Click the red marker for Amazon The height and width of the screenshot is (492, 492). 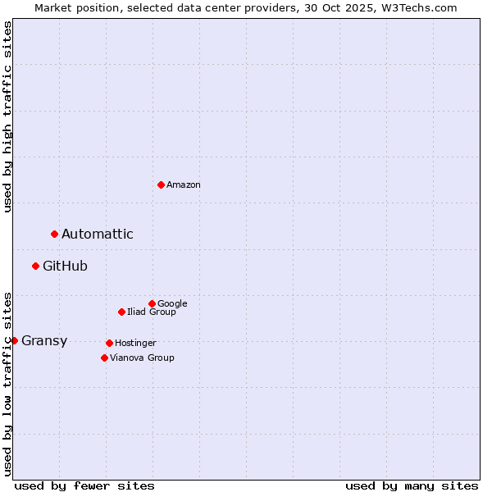click(x=161, y=184)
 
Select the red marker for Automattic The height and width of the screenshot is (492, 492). click(x=54, y=235)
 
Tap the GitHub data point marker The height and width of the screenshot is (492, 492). click(x=35, y=266)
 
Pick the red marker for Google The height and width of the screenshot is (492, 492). click(x=152, y=303)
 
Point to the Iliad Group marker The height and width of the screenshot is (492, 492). click(x=121, y=312)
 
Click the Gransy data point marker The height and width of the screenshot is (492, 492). click(x=14, y=340)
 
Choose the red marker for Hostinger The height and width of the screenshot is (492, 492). click(x=109, y=343)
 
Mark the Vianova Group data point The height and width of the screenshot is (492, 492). click(x=104, y=358)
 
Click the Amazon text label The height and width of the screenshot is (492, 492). click(x=184, y=185)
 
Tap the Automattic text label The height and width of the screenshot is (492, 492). click(x=98, y=235)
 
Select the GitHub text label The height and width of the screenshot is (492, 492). click(x=65, y=266)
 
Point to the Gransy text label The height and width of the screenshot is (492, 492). click(x=44, y=341)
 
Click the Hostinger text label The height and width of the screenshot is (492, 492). click(x=135, y=343)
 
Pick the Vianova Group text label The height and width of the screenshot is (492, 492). click(x=142, y=358)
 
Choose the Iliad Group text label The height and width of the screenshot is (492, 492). click(x=152, y=312)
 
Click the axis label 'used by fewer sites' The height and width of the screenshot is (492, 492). click(x=84, y=486)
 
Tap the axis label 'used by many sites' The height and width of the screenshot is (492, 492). click(x=412, y=486)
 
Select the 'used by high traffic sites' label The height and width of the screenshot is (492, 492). click(x=7, y=116)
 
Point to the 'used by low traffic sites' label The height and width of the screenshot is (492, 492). click(x=7, y=383)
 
